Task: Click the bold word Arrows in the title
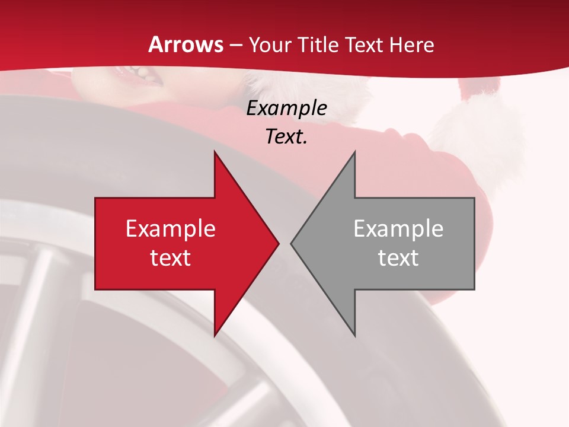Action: point(186,44)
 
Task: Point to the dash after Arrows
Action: point(235,45)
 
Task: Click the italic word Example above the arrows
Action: point(286,108)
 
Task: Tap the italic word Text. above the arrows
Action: point(286,136)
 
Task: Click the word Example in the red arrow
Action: point(170,228)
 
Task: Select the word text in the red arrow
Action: point(170,258)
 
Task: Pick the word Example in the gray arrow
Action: point(398,228)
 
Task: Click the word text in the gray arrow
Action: point(398,258)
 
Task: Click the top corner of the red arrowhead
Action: point(215,152)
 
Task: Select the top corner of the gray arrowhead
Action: point(354,152)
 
